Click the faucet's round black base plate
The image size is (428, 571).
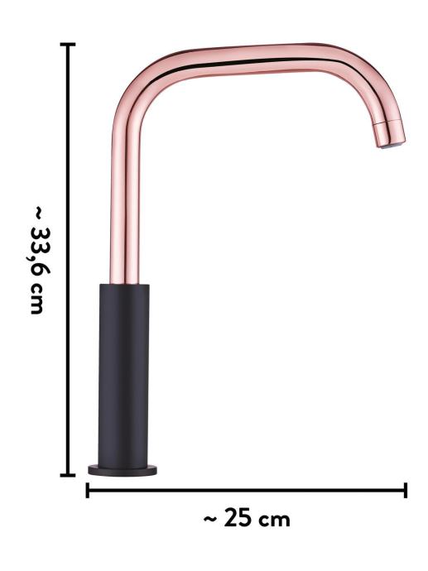pos(123,470)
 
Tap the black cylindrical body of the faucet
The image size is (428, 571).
pos(123,375)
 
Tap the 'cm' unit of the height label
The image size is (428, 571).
pos(37,299)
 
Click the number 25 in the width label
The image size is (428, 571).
pos(238,519)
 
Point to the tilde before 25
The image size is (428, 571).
pos(210,520)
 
